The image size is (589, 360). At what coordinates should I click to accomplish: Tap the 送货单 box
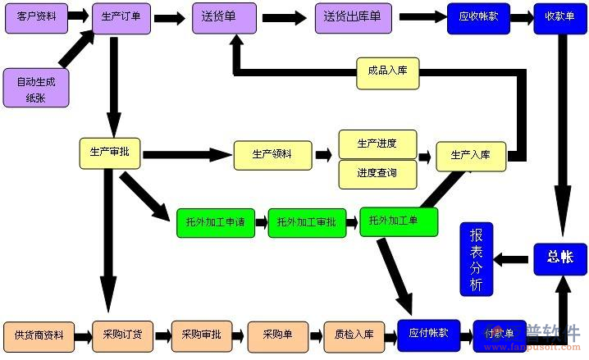pos(221,17)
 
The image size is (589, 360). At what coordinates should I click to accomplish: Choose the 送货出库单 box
pos(352,17)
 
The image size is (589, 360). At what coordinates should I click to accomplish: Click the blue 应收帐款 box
pos(478,17)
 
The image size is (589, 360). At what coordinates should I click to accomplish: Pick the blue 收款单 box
pos(559,17)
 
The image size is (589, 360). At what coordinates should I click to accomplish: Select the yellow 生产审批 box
pos(110,153)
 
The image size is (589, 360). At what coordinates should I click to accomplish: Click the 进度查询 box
pos(377,174)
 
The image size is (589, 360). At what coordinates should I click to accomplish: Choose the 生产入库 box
pos(470,155)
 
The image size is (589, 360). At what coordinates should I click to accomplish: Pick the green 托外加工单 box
pos(399,221)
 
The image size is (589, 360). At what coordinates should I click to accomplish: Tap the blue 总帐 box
pos(560,257)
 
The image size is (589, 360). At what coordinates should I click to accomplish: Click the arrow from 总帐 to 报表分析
pos(515,259)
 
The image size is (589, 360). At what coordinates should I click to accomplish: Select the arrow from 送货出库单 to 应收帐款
pos(422,17)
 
